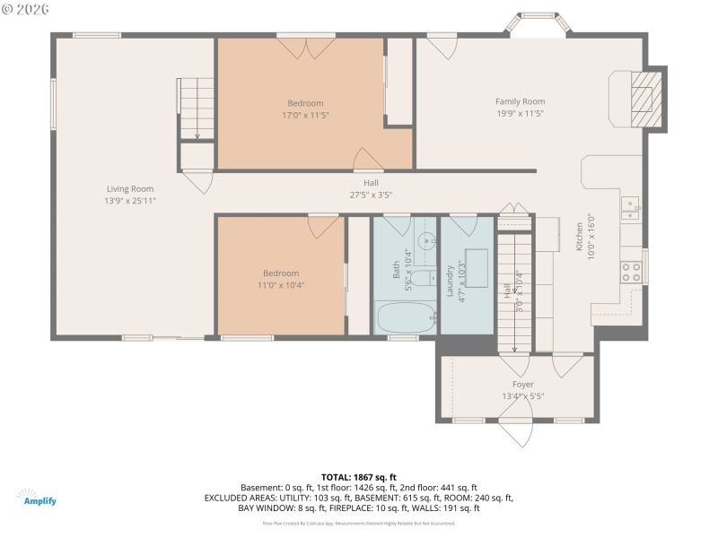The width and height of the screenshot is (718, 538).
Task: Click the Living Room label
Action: coord(130,189)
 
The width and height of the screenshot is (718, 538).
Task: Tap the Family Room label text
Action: coord(520,101)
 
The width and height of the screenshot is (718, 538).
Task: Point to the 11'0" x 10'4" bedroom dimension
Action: coord(280,285)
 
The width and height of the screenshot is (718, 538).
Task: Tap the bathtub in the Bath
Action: coord(403,318)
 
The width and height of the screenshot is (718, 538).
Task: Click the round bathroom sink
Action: coord(428,239)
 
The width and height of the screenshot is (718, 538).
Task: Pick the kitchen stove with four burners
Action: coord(632,271)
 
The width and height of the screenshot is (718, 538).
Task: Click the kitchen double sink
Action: coord(632,209)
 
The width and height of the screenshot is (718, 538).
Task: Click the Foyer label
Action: coord(522,385)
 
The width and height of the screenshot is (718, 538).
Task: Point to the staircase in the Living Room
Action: coord(197,108)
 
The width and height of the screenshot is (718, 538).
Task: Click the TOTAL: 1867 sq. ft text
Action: coord(358,477)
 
